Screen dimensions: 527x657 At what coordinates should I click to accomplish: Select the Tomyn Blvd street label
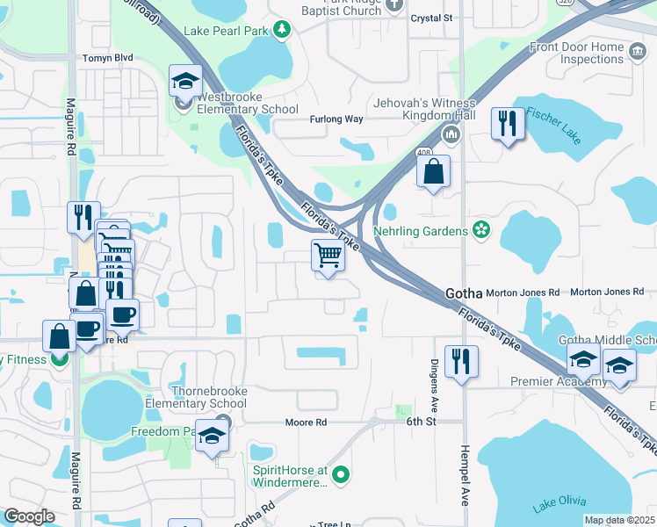(x=107, y=58)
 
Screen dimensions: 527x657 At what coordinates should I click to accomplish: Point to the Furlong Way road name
(x=336, y=119)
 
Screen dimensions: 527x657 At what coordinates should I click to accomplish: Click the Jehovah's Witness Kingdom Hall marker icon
(x=451, y=134)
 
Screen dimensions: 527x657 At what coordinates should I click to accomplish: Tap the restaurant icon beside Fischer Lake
(x=508, y=125)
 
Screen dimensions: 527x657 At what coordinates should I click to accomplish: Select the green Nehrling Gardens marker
(x=480, y=230)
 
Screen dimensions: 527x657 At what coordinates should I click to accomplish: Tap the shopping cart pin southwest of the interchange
(x=328, y=256)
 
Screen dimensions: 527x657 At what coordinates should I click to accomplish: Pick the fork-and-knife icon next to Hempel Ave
(x=461, y=361)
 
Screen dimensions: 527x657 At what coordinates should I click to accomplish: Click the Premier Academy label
(x=559, y=382)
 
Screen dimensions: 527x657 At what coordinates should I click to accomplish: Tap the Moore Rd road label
(x=306, y=422)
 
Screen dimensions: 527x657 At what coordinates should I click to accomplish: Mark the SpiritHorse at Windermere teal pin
(x=342, y=476)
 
